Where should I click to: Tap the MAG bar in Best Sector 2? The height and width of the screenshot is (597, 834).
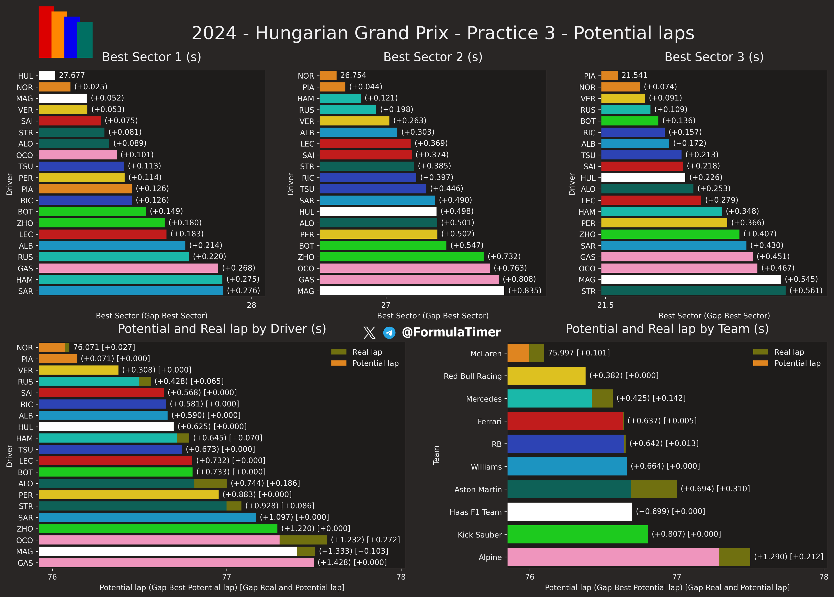click(x=412, y=291)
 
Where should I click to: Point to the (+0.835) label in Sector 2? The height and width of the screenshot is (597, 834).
click(x=525, y=291)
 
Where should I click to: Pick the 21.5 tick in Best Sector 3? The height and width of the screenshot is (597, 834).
click(x=605, y=305)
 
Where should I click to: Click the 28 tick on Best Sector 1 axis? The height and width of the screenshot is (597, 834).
click(x=251, y=305)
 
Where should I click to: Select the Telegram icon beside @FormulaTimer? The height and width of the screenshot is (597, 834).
click(x=389, y=333)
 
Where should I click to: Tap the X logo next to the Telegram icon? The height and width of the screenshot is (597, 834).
click(x=369, y=333)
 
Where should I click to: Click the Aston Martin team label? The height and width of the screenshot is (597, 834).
click(x=478, y=489)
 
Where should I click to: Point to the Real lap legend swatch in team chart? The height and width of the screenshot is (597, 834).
click(x=760, y=352)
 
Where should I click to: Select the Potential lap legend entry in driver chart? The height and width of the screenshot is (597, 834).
click(x=375, y=363)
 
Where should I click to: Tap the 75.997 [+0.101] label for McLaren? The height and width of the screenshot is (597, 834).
click(x=578, y=353)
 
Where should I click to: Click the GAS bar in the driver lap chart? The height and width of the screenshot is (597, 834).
click(x=176, y=562)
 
